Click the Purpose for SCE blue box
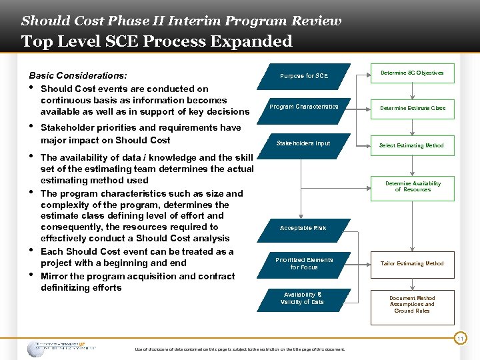(x=303, y=76)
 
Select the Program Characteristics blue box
(x=303, y=107)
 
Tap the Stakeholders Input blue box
(x=303, y=143)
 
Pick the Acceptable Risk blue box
(x=303, y=228)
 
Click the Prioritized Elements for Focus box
(x=303, y=263)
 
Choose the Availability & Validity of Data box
(x=303, y=298)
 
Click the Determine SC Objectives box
(x=412, y=73)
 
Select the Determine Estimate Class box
(x=412, y=108)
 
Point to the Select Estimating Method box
(x=412, y=145)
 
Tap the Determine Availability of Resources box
(x=412, y=187)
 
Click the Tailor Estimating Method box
(x=412, y=263)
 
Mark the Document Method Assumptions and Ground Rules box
(x=412, y=305)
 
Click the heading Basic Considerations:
(x=78, y=76)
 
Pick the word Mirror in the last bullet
(x=55, y=276)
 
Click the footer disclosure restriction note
(x=240, y=349)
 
